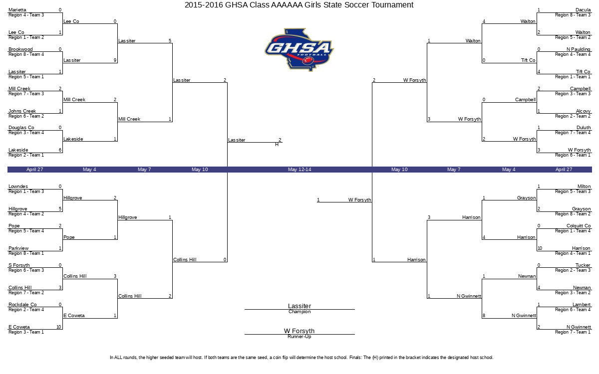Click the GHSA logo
click(299, 50)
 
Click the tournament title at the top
click(299, 5)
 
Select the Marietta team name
click(17, 10)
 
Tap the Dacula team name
click(583, 10)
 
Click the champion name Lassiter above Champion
click(299, 306)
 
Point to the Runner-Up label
click(299, 337)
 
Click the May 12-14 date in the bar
click(299, 170)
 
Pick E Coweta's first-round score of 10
click(59, 327)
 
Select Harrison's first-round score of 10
click(540, 248)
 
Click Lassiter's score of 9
click(115, 60)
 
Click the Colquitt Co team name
click(579, 226)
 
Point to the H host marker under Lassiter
click(277, 145)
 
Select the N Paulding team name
click(578, 49)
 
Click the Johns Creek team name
click(22, 111)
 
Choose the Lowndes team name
click(18, 187)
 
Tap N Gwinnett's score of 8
click(484, 316)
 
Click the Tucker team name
click(583, 265)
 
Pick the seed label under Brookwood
click(26, 54)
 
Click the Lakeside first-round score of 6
click(60, 150)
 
